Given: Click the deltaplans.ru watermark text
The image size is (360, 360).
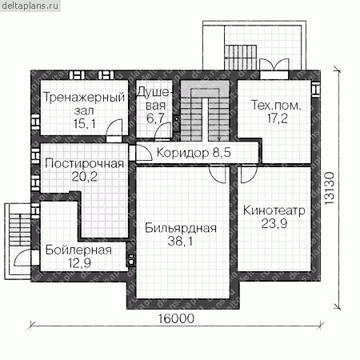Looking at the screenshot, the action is (30, 6).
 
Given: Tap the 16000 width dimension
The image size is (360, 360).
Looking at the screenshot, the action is (176, 318).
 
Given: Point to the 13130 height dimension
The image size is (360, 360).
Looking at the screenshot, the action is (330, 188).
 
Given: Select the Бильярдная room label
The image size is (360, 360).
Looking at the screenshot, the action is (181, 228).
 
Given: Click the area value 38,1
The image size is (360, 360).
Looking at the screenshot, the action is (180, 242).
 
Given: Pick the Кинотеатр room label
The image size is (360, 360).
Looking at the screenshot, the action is (274, 210).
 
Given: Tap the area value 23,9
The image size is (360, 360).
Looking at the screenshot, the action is (274, 223).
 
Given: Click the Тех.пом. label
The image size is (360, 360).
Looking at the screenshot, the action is (276, 106).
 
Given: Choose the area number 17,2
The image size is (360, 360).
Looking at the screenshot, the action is (278, 118).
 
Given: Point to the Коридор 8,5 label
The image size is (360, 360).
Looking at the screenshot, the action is (194, 153).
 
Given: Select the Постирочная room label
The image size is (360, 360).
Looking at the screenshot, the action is (84, 163).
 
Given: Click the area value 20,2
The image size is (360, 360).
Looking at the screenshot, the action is (84, 177).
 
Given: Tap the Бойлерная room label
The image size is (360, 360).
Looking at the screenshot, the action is (78, 250).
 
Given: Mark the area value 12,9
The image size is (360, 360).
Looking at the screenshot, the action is (79, 263).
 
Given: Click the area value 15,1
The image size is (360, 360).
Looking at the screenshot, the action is (84, 124).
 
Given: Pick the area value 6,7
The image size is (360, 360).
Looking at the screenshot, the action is (154, 118).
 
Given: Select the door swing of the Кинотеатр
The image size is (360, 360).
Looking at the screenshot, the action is (249, 175).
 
